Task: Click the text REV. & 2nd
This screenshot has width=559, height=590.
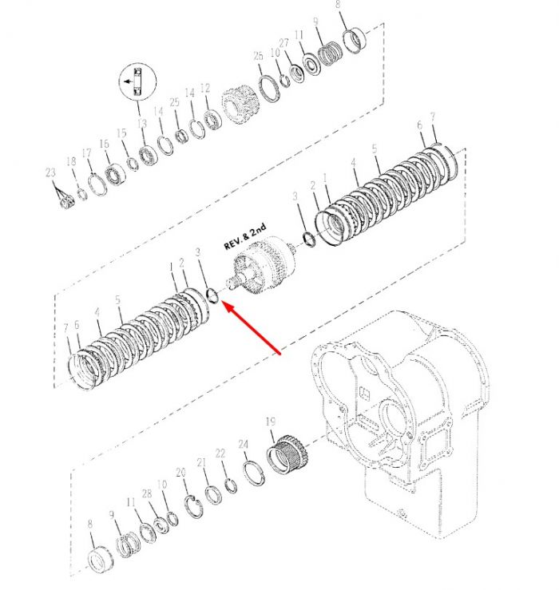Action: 245,236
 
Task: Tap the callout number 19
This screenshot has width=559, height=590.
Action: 271,422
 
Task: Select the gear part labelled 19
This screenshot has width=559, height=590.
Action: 287,455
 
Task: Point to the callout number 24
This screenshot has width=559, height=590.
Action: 244,445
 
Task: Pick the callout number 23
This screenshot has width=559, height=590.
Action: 50,172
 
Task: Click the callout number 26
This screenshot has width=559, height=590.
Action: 258,56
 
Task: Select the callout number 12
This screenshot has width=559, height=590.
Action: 205,88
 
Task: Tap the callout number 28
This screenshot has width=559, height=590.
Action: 147,493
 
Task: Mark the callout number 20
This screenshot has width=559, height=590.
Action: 181,472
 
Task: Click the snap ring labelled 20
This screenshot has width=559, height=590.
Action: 194,506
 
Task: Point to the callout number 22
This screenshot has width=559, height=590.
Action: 220,453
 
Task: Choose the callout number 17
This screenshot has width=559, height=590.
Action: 86,152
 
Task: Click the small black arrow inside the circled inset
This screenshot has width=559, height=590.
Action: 129,81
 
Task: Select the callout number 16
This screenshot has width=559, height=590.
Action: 105,144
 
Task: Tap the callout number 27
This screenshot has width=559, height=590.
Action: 283,43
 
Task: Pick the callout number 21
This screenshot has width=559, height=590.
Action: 202,462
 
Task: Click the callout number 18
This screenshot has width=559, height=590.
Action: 71,161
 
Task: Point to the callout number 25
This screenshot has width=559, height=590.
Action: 174,102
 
